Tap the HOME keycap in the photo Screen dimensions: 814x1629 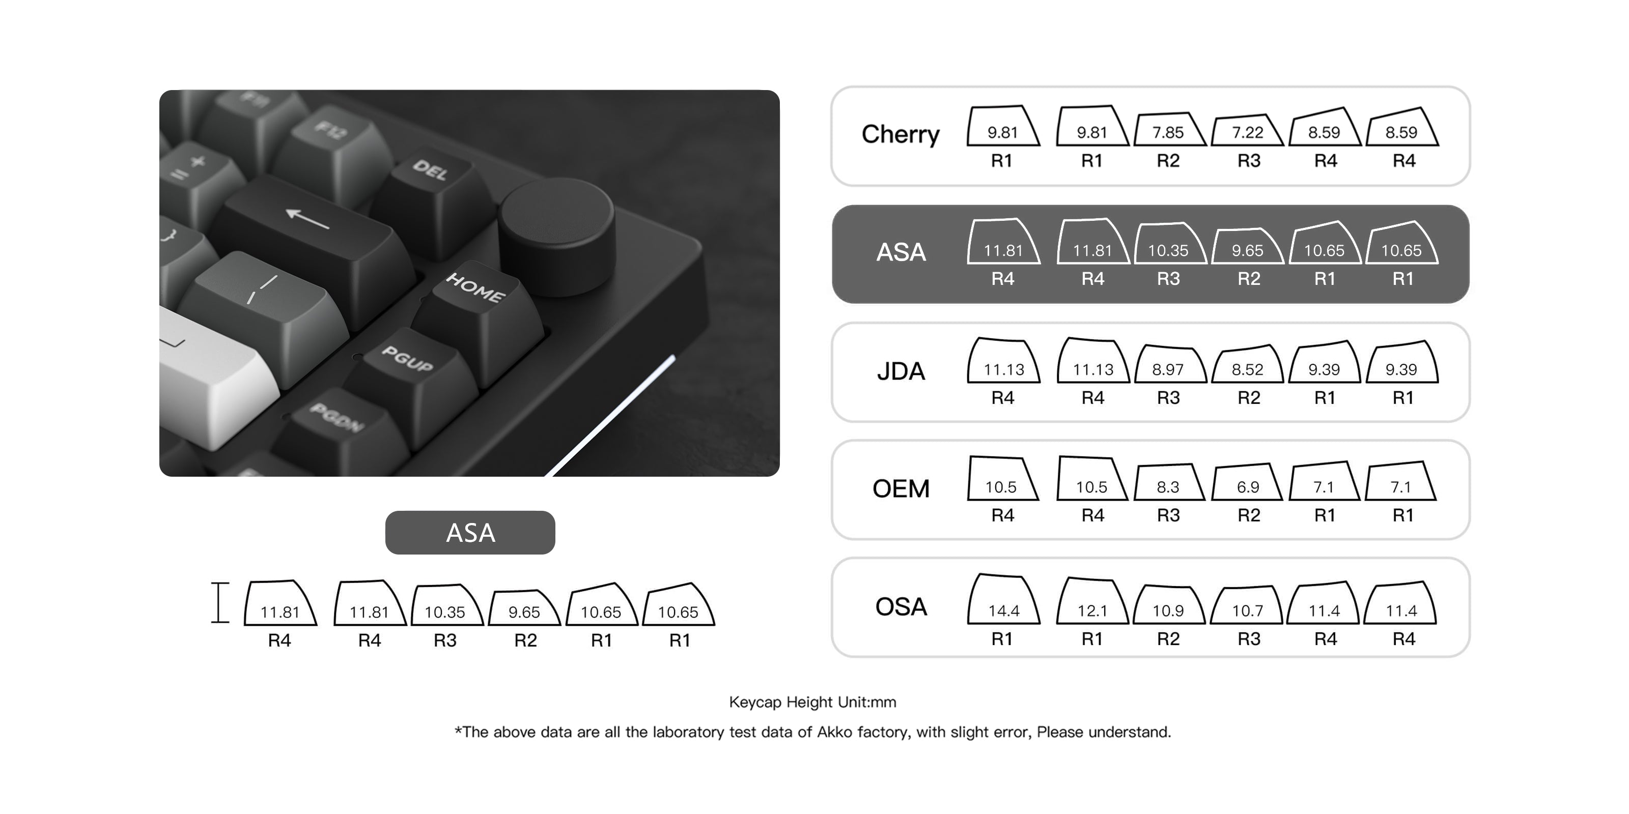pos(475,289)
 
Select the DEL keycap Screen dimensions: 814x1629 pos(430,170)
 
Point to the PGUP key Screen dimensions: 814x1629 pos(408,359)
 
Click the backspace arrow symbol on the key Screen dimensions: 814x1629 pos(308,218)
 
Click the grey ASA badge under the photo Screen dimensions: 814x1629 pos(470,533)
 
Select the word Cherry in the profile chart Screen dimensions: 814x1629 pos(901,134)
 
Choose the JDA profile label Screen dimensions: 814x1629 pos(901,371)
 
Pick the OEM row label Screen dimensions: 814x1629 pos(901,488)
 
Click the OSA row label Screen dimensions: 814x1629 pos(901,607)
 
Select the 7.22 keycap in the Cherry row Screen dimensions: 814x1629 pos(1247,131)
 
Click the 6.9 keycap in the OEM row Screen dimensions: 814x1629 pos(1248,485)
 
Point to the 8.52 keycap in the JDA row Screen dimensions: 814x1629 pos(1247,366)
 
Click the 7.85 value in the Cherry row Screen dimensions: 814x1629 pos(1167,132)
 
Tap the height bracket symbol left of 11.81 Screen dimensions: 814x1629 pos(219,602)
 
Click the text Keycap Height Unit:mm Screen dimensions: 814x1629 pos(812,702)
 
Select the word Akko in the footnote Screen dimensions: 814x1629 pos(834,732)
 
